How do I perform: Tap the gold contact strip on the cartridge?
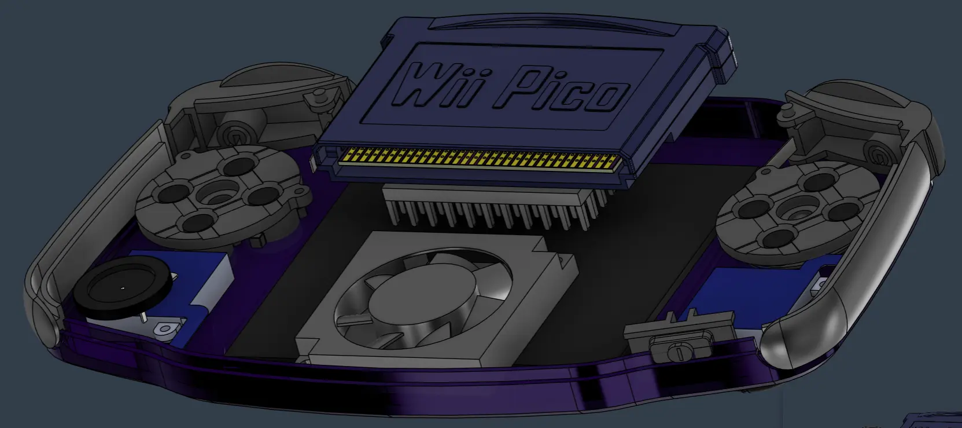[480, 160]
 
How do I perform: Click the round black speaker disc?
[123, 287]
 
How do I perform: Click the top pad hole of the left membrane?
[239, 166]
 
